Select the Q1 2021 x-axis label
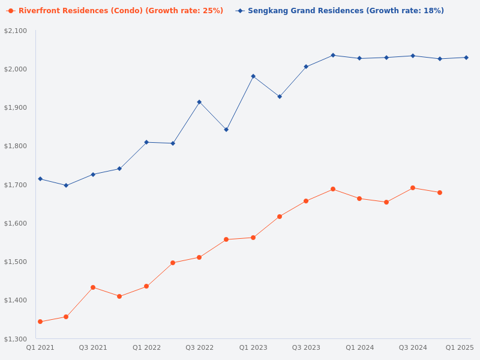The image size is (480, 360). [40, 347]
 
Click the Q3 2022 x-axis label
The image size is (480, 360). [199, 347]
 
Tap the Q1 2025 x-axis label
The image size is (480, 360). [460, 347]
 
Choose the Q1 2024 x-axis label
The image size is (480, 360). [359, 347]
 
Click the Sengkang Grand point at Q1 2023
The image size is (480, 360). [253, 76]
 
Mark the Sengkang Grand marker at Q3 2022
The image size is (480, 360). [199, 102]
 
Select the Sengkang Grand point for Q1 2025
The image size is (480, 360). [466, 58]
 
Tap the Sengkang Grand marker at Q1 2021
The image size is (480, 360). [40, 179]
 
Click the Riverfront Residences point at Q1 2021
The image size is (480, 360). [40, 322]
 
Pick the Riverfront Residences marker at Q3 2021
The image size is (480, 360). [93, 287]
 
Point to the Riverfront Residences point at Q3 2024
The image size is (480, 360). [413, 188]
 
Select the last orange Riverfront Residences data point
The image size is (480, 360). [440, 193]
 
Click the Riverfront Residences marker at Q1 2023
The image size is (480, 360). [253, 238]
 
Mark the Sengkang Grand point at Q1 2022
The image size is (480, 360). [146, 142]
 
